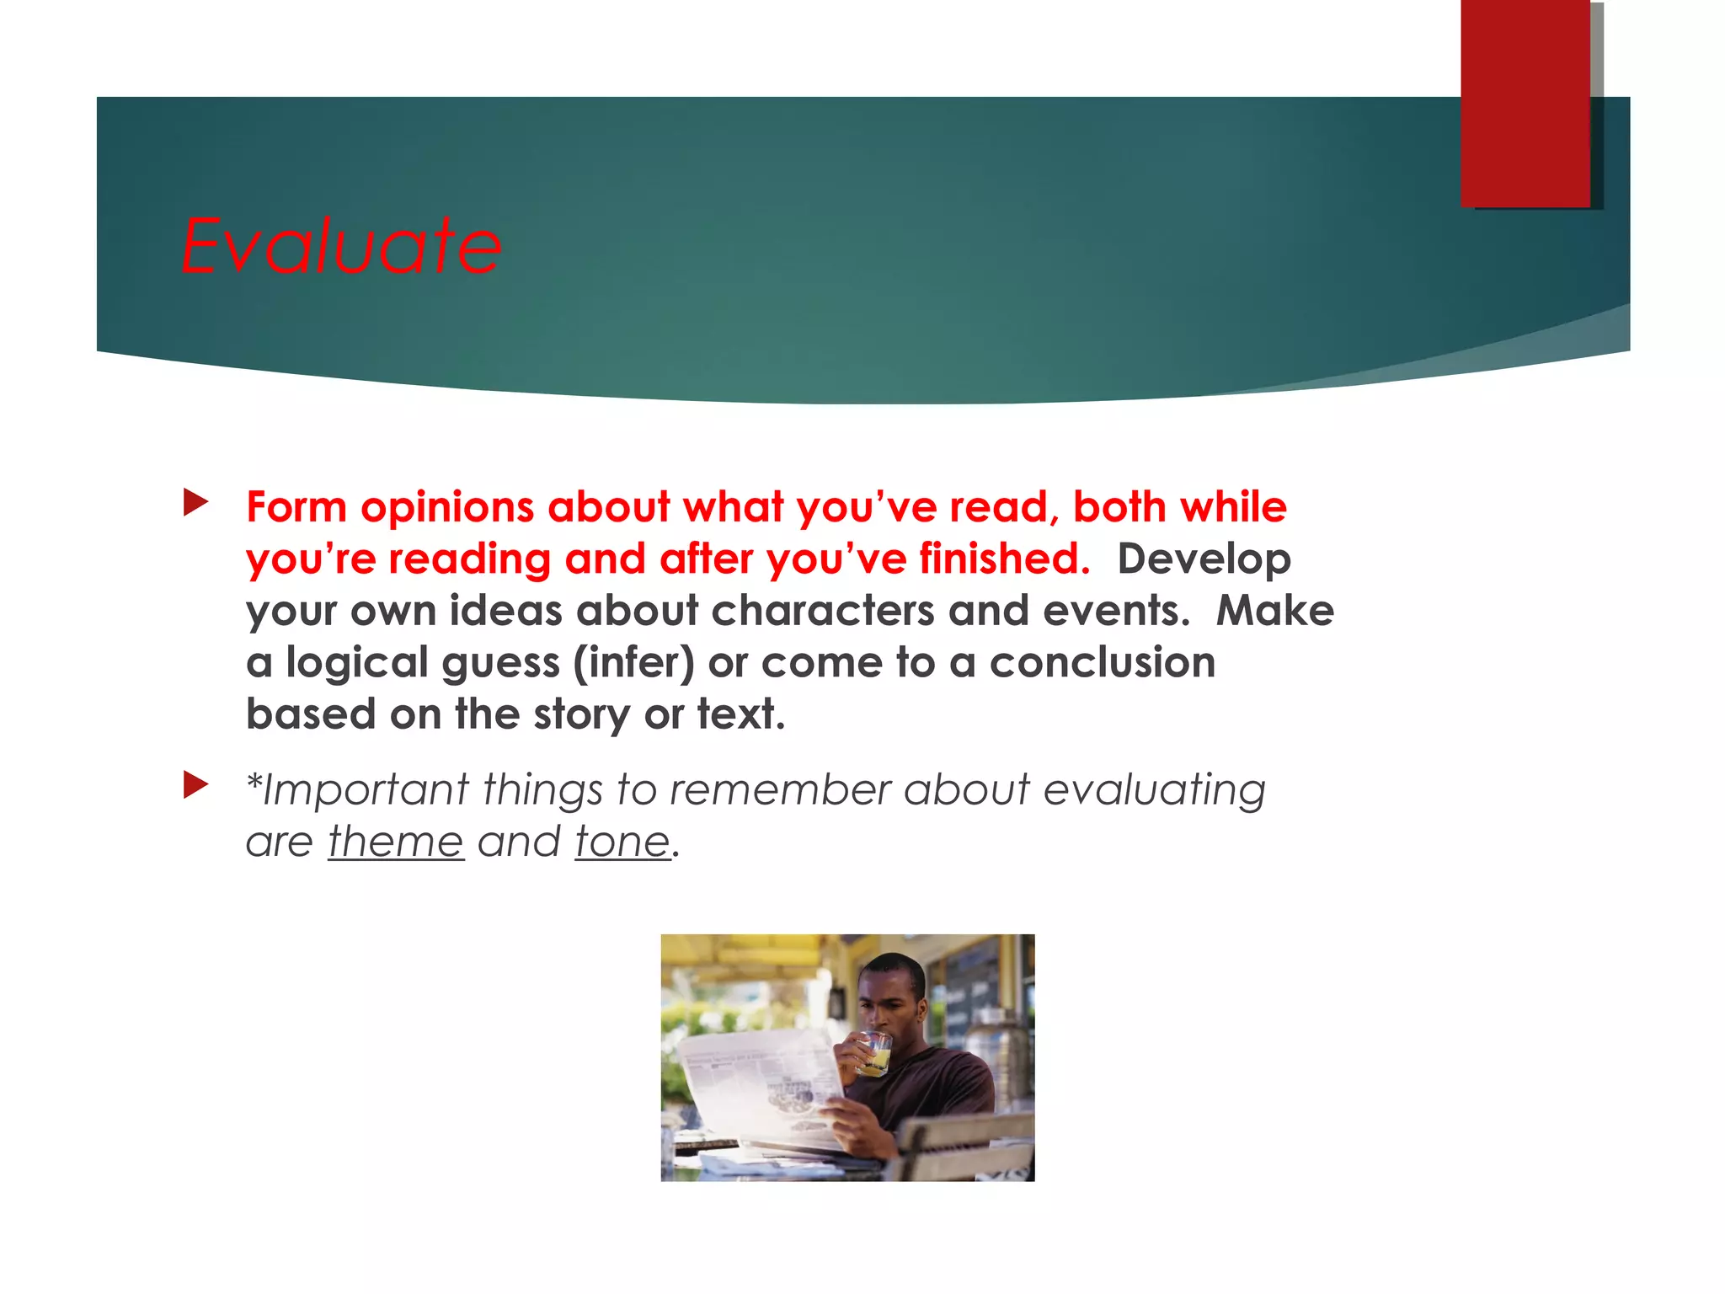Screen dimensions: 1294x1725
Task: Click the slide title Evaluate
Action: (x=341, y=246)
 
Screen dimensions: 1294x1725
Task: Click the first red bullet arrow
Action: (x=195, y=503)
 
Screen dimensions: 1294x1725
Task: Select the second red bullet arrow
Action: (x=195, y=785)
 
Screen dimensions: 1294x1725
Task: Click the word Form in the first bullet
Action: (x=296, y=507)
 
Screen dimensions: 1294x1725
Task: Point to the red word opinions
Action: (x=447, y=509)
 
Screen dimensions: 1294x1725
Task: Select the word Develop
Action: (x=1204, y=560)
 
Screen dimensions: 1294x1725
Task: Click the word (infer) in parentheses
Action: (x=633, y=663)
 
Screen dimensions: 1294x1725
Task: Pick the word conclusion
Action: (x=1102, y=662)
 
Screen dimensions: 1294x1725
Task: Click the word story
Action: (x=581, y=715)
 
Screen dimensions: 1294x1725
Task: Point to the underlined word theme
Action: (x=396, y=842)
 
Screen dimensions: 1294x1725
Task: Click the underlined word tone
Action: (x=622, y=842)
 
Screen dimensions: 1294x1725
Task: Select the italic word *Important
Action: (x=357, y=790)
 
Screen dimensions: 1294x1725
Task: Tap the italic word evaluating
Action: (x=1154, y=790)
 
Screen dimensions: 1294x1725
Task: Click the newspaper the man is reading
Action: (x=758, y=1087)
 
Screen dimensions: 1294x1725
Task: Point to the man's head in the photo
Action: (x=893, y=994)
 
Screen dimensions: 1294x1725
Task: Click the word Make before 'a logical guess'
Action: (x=1274, y=611)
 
